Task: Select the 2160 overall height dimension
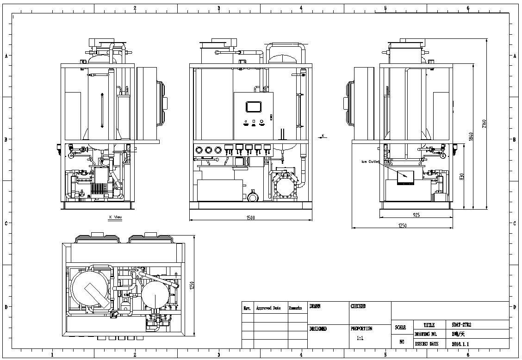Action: coord(485,124)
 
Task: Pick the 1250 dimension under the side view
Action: coord(402,225)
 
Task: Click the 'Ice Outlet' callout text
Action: coord(370,161)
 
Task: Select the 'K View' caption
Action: coord(115,217)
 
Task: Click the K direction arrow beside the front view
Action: coord(323,136)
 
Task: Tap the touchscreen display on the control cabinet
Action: coord(254,106)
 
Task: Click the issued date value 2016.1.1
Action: coord(460,344)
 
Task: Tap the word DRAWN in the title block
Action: coord(315,306)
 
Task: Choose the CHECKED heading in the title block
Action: coord(358,306)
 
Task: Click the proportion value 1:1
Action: coord(360,338)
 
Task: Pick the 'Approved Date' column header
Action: coord(268,308)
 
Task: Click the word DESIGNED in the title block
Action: coord(318,329)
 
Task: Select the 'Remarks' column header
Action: coord(295,308)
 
